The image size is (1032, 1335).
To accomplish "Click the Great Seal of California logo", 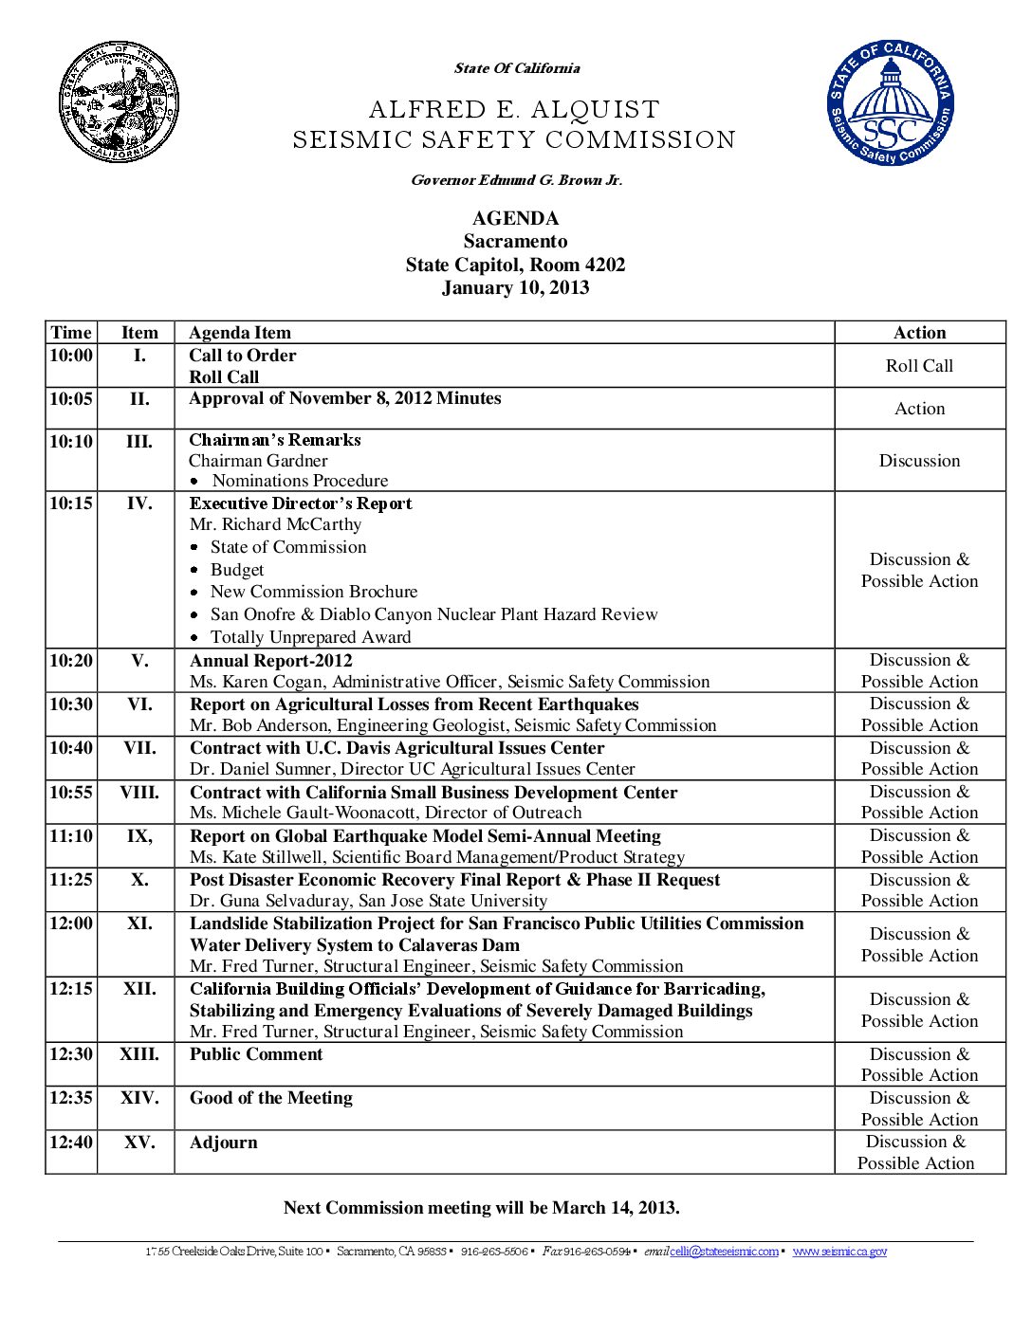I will (x=119, y=101).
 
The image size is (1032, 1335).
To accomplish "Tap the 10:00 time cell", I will (x=71, y=356).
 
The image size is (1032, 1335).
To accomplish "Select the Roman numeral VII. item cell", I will (x=139, y=748).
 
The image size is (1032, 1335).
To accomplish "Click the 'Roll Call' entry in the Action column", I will (x=919, y=366).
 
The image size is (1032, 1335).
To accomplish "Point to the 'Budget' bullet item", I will (x=237, y=570).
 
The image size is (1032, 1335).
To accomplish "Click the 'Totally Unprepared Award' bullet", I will (x=310, y=637).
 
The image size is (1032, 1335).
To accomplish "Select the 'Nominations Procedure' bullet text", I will (x=300, y=481).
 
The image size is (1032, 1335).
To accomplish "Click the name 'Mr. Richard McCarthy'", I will (x=275, y=524).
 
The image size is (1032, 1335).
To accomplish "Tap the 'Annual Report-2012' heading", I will (x=271, y=661).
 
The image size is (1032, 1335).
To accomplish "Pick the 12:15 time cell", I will (x=71, y=989).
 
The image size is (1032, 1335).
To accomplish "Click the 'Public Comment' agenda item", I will (x=256, y=1054).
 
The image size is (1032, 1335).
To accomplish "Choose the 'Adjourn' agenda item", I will (x=224, y=1143).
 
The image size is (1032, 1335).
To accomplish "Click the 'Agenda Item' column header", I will (x=240, y=333).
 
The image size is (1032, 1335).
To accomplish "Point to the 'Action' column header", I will (x=919, y=333).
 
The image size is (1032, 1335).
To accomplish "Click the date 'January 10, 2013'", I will (x=515, y=288).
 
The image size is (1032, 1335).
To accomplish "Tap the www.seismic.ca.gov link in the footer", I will (x=839, y=1252).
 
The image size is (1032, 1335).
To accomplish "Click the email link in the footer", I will (x=724, y=1252).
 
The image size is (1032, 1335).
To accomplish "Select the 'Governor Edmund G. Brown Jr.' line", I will (x=516, y=180).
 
